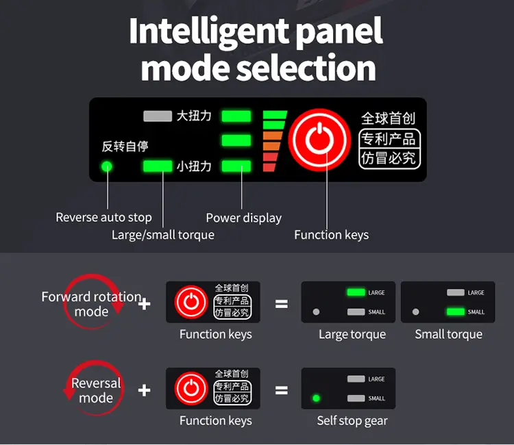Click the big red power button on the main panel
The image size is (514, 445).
(319, 140)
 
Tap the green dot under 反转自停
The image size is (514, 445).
(106, 166)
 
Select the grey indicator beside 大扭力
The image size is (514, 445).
(158, 116)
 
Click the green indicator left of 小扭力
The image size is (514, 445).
(158, 166)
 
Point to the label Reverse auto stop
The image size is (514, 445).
(103, 218)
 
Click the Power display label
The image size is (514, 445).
(243, 218)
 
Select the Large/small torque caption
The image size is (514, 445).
(163, 235)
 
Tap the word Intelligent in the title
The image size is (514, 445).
(209, 31)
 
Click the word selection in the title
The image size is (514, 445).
(306, 68)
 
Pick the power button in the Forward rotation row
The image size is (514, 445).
(191, 302)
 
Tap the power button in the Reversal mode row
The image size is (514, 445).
(191, 388)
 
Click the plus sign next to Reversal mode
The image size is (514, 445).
(144, 390)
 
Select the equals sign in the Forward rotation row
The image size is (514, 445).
(282, 304)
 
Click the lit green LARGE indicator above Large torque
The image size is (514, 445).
(356, 292)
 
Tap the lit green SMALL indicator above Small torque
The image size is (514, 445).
(456, 311)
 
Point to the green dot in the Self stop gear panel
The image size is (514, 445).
(317, 398)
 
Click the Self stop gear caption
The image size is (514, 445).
(352, 421)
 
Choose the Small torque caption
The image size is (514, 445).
(448, 334)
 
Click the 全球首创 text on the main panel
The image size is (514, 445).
(389, 118)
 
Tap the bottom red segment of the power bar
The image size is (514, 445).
(269, 167)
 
